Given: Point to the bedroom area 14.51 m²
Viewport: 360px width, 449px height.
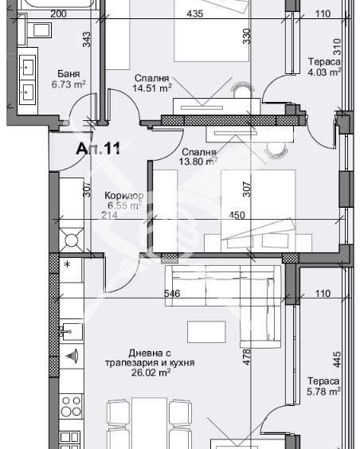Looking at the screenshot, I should [152, 88].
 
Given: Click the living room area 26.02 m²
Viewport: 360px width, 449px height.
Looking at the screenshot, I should [162, 373].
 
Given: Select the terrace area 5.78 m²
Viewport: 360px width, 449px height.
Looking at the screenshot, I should [324, 391].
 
